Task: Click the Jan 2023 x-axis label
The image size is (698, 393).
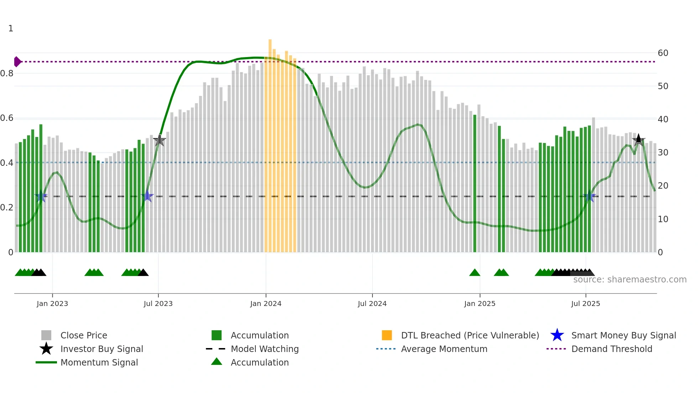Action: point(52,303)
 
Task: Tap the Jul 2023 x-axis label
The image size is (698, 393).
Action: point(158,303)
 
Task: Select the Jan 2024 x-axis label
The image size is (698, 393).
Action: point(266,303)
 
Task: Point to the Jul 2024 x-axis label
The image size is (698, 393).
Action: point(372,303)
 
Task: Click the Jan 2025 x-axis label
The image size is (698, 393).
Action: point(480,303)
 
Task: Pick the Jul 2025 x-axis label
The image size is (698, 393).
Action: point(585,303)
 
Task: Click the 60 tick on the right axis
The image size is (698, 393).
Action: point(663,53)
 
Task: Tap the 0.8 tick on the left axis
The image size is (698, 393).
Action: point(7,73)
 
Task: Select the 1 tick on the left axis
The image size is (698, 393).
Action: point(11,29)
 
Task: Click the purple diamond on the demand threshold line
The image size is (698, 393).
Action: point(17,62)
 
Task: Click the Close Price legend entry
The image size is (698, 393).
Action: point(84,335)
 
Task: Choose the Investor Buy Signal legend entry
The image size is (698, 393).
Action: point(101,349)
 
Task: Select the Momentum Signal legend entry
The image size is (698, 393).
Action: point(99,362)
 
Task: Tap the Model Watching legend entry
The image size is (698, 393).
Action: point(265,349)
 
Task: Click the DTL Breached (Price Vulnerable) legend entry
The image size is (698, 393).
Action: point(470,335)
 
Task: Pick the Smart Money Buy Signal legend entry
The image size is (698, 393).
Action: point(623,335)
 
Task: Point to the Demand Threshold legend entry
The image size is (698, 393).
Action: point(611,349)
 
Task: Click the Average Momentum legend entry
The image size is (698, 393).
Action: point(444,349)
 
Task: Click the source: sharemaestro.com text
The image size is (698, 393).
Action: point(630,279)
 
